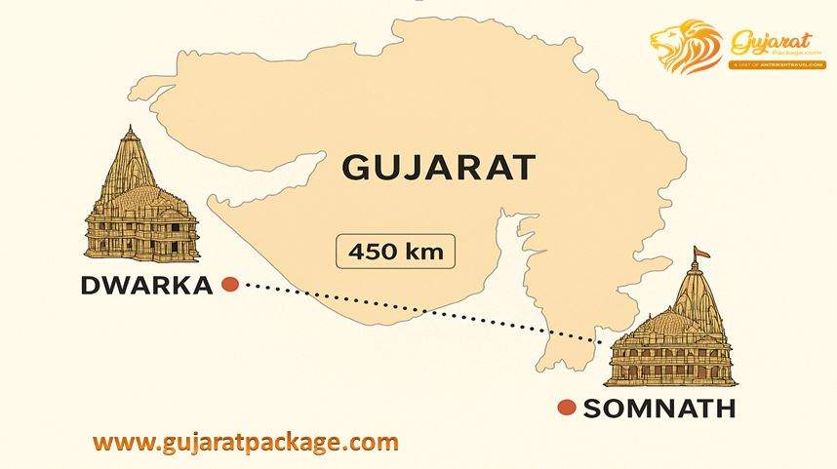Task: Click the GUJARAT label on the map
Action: click(438, 167)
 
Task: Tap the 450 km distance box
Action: click(395, 252)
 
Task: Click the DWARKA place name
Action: click(146, 285)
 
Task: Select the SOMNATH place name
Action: click(658, 408)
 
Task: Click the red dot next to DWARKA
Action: click(230, 285)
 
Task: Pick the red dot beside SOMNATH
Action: click(565, 408)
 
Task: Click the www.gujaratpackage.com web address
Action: click(246, 441)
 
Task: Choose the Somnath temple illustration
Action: click(670, 327)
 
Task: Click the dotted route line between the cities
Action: click(410, 312)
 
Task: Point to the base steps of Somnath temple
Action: click(670, 380)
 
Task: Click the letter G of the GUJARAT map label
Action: click(355, 167)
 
